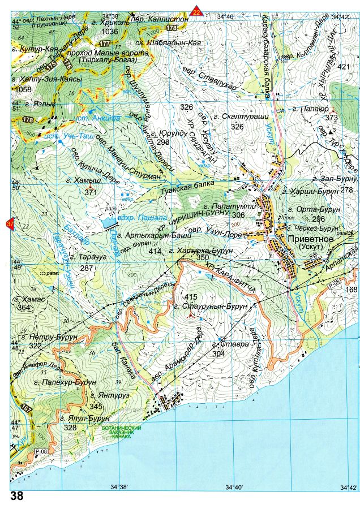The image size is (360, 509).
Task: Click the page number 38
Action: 17,497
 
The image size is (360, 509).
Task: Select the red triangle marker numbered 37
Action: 10,225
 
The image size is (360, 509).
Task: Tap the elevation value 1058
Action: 24,89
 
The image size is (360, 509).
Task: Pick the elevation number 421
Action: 344,67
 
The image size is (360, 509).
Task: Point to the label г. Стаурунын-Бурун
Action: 216,306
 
